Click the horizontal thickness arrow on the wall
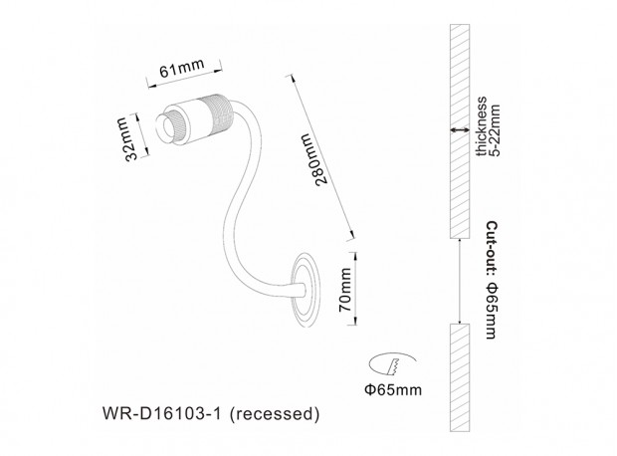(x=459, y=129)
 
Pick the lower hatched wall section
(x=459, y=378)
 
